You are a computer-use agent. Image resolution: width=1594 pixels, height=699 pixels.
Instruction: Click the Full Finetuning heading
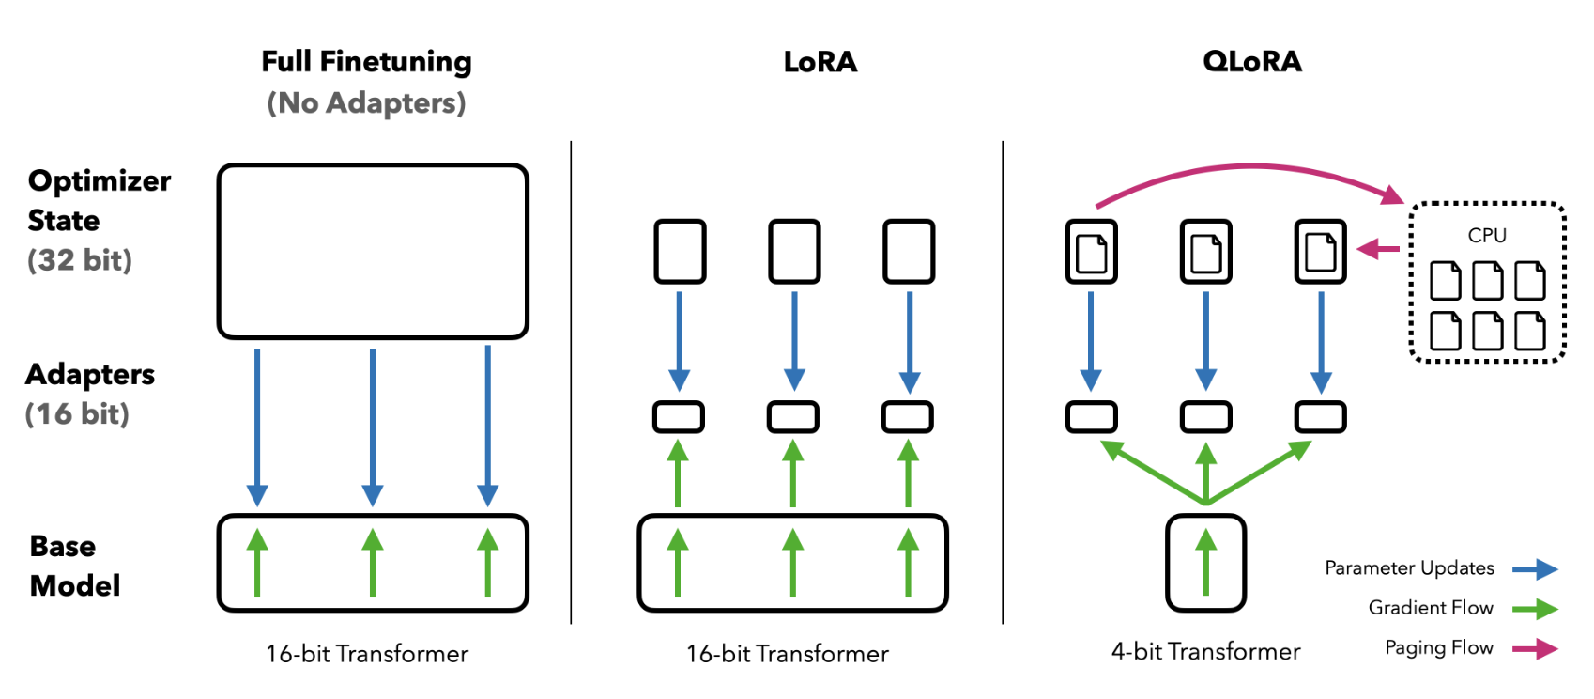tap(366, 62)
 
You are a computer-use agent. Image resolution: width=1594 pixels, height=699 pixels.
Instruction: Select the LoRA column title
tap(820, 62)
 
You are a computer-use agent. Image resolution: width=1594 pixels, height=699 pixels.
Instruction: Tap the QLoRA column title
tap(1251, 62)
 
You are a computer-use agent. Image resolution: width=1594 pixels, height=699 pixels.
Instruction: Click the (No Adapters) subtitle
tap(366, 102)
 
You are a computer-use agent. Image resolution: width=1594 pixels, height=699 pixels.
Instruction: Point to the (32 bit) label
tap(80, 260)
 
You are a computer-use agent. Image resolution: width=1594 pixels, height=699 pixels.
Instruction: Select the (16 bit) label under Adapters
tap(77, 413)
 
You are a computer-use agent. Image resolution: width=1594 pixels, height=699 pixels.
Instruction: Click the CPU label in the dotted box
tap(1487, 235)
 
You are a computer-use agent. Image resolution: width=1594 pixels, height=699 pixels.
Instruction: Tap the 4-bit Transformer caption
tap(1205, 651)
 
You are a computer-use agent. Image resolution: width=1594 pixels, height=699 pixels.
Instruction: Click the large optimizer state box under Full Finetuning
tap(373, 251)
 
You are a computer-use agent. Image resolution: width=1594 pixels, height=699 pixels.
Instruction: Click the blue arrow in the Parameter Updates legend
tap(1535, 568)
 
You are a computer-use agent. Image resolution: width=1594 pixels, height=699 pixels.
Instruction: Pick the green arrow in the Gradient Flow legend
tap(1535, 609)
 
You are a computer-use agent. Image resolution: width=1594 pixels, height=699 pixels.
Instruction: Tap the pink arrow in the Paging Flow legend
tap(1535, 648)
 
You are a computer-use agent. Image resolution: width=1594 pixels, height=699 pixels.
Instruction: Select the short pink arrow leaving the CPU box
tap(1378, 249)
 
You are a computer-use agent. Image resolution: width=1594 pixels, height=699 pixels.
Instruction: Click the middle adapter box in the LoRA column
tap(793, 416)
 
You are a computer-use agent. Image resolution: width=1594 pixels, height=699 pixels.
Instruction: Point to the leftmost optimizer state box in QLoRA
tap(1091, 251)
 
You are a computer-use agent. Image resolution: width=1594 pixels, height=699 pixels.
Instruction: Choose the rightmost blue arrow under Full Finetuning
tap(487, 423)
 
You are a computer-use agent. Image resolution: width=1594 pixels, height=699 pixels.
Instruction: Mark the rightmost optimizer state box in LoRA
tap(909, 251)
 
